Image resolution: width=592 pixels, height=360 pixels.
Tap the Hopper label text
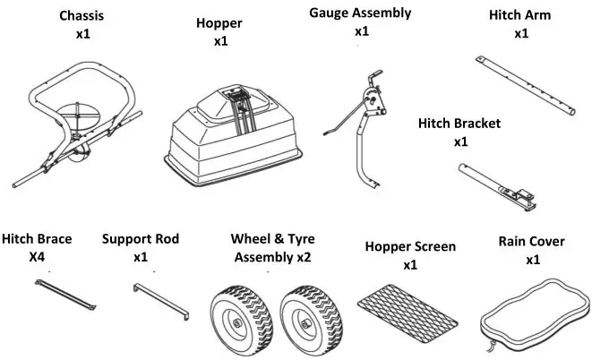[x=219, y=23]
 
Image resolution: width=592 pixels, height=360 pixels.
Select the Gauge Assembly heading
[x=360, y=13]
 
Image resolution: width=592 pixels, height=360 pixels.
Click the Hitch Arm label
[x=520, y=16]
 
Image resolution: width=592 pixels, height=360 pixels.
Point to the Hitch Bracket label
[x=459, y=124]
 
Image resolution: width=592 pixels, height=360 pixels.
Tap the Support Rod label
[x=140, y=239]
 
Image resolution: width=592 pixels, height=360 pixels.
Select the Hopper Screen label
[x=409, y=246]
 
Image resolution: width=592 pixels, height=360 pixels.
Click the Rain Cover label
[x=532, y=242]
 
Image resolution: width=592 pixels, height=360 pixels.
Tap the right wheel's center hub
[x=309, y=321]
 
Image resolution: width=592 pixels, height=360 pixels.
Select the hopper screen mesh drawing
[x=408, y=304]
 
